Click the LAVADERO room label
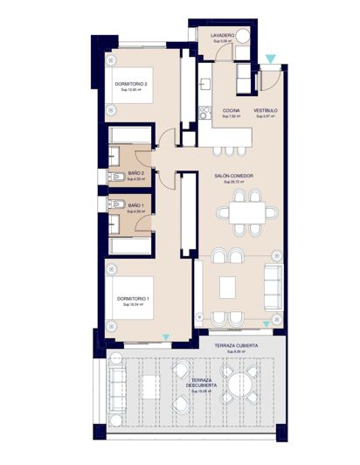223,36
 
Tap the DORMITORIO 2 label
131,84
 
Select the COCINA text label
231,111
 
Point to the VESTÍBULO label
266,111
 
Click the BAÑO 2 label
136,174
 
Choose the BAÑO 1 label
136,205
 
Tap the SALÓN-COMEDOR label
233,176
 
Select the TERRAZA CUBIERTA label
236,347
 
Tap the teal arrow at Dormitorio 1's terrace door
166,337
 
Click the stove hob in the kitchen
204,111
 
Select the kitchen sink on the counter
204,84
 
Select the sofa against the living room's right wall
273,284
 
